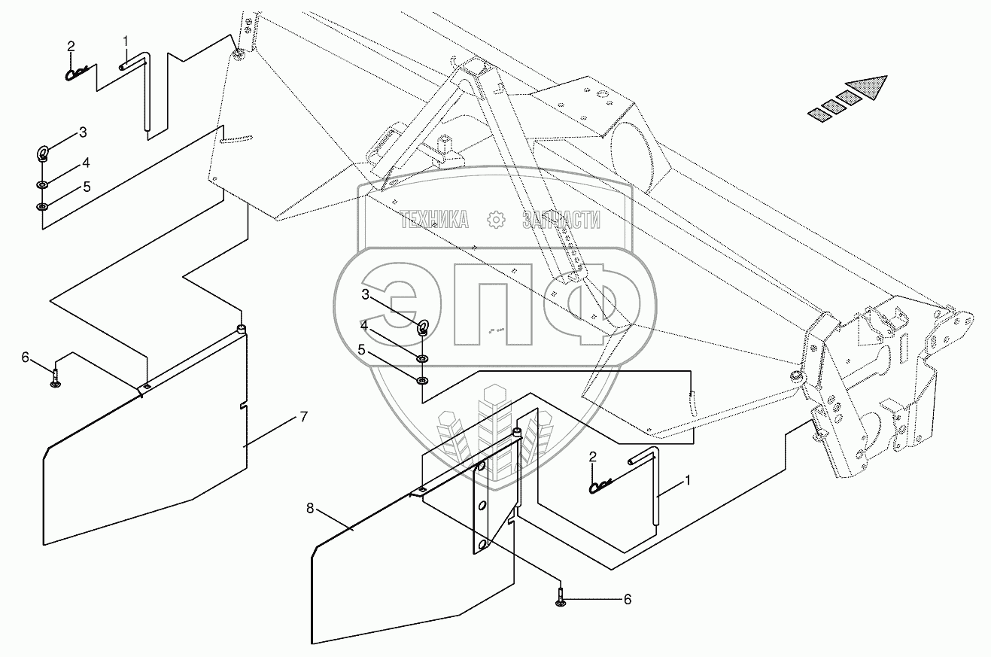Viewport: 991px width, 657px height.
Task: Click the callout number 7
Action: click(303, 417)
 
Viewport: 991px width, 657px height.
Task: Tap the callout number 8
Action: click(310, 509)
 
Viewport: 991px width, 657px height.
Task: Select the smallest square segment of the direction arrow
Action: click(817, 114)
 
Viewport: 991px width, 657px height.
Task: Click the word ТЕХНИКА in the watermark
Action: click(434, 220)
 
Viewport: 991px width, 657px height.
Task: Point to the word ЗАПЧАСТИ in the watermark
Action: click(561, 220)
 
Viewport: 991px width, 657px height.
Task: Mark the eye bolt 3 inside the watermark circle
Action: click(424, 327)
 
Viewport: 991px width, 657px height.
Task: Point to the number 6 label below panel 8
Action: click(627, 600)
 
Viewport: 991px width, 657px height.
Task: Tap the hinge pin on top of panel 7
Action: click(241, 329)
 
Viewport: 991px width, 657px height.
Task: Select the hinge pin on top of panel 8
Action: click(518, 433)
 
